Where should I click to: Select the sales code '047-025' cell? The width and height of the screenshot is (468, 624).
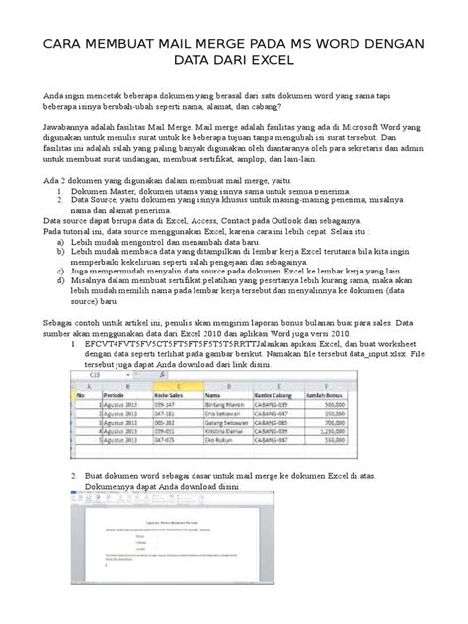tap(163, 440)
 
